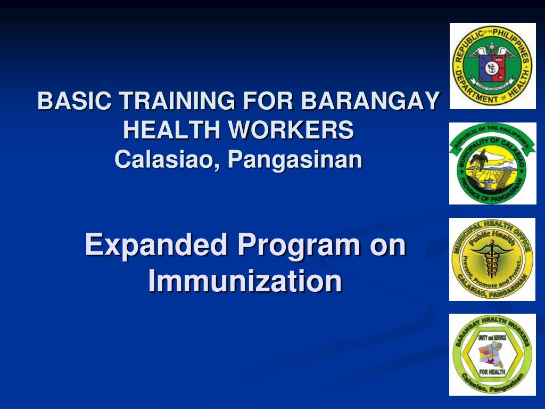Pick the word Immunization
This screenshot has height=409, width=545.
click(x=245, y=281)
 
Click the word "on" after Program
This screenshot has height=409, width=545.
click(x=389, y=246)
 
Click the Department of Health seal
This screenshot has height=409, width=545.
click(x=492, y=66)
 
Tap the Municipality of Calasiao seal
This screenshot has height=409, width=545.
click(x=492, y=163)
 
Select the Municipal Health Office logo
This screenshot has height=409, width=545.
click(x=492, y=259)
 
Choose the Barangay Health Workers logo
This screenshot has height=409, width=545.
click(x=492, y=355)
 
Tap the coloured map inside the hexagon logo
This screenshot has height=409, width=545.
click(x=492, y=353)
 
